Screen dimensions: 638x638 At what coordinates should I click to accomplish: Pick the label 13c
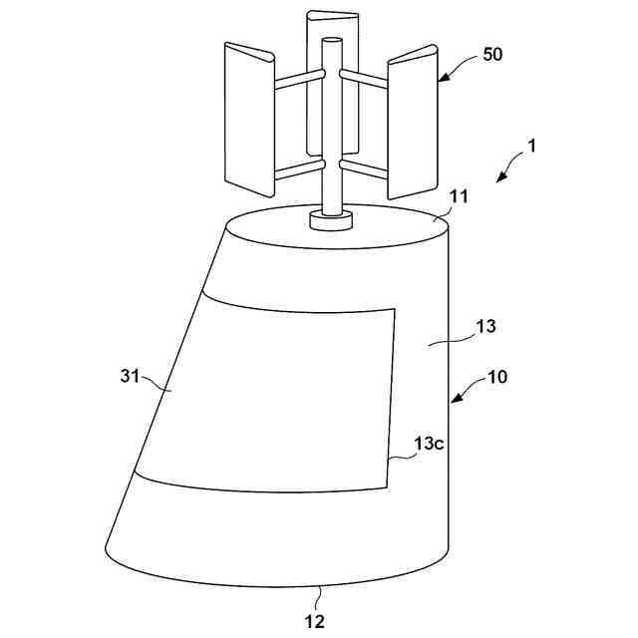pyautogui.click(x=430, y=444)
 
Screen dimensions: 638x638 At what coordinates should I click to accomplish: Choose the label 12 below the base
pyautogui.click(x=316, y=620)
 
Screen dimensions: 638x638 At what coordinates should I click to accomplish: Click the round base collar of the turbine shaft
pyautogui.click(x=329, y=220)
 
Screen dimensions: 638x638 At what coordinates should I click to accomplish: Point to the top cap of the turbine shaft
pyautogui.click(x=331, y=43)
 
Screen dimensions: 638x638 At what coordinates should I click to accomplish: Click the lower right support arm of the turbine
pyautogui.click(x=364, y=164)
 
